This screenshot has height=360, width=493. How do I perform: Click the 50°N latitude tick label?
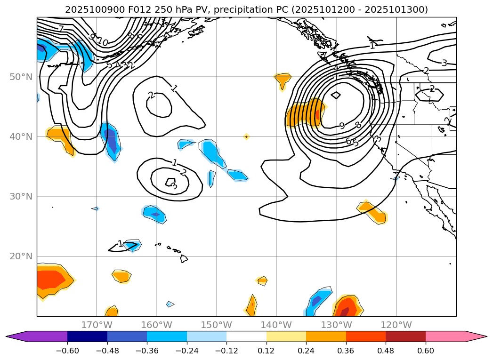[21, 77]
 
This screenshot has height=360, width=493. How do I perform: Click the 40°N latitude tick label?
[21, 136]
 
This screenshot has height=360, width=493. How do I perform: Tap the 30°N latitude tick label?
[21, 196]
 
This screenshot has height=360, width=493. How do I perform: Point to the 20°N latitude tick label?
[21, 256]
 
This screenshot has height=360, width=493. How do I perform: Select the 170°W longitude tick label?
[97, 325]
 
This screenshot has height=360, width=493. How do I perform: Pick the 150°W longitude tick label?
[216, 325]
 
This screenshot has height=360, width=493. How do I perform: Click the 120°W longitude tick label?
[396, 325]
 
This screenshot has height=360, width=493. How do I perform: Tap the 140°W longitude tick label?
[276, 325]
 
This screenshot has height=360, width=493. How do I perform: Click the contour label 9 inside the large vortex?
[342, 126]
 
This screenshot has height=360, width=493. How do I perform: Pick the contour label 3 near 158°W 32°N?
[174, 186]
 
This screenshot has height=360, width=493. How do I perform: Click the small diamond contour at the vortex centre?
[336, 95]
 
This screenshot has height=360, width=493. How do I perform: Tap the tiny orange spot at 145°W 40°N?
[246, 136]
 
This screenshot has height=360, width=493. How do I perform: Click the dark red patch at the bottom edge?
[345, 312]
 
